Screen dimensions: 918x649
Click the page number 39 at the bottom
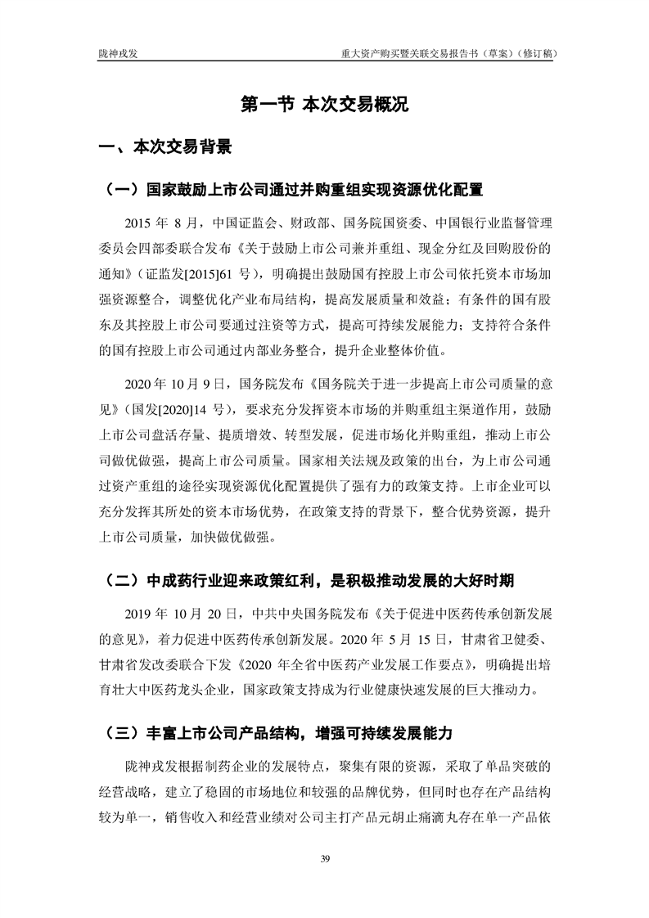(324, 858)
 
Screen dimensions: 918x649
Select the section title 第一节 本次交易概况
(324, 106)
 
